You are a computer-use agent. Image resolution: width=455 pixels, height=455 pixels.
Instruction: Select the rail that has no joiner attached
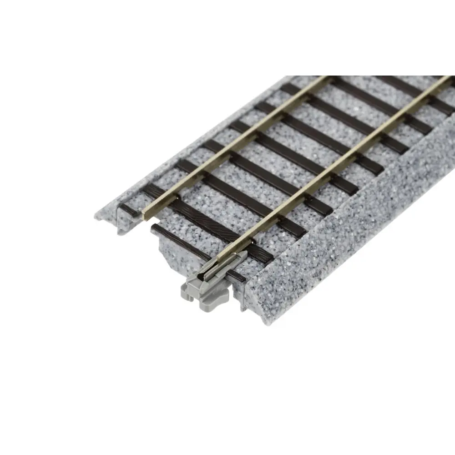(x=237, y=146)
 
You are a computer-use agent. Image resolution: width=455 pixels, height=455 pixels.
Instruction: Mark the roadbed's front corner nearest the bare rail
(x=98, y=217)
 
